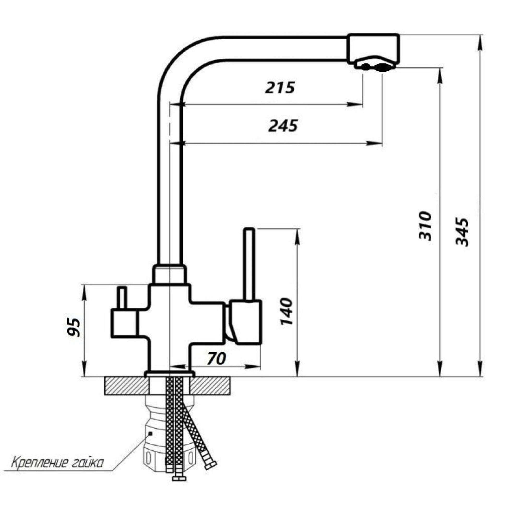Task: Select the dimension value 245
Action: coord(283,126)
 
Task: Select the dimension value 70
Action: coord(216,359)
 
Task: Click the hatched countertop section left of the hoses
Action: coord(126,386)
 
